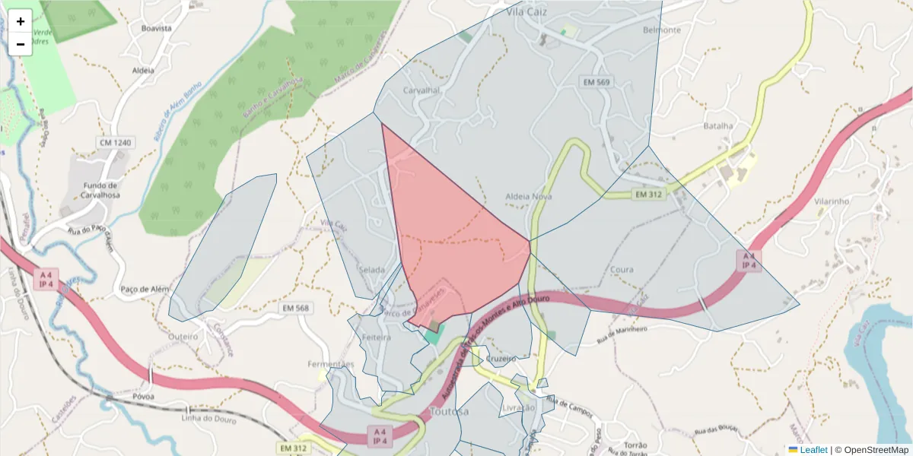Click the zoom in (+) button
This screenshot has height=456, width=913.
click(21, 21)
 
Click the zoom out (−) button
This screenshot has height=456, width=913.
click(21, 44)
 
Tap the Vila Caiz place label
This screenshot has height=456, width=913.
click(527, 13)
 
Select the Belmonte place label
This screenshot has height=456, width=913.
click(661, 30)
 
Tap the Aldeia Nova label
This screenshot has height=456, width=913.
click(529, 196)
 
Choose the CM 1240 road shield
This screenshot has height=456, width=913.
click(115, 142)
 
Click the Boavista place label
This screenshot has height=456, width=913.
click(157, 28)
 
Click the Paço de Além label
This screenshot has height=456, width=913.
click(144, 289)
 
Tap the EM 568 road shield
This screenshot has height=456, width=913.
click(295, 308)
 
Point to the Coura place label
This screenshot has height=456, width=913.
click(622, 270)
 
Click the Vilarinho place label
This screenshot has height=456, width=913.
click(831, 201)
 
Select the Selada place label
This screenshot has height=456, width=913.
click(373, 270)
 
